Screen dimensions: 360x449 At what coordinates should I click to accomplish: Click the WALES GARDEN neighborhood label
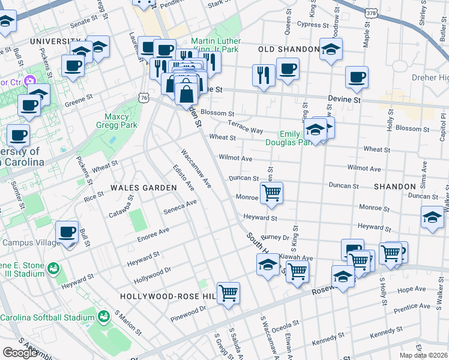pos(143,188)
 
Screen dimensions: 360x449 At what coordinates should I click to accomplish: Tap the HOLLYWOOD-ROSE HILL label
pos(167,296)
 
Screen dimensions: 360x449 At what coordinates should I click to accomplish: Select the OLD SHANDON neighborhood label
pos(289,49)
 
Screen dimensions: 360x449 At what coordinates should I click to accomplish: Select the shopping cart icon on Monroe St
pos(271,193)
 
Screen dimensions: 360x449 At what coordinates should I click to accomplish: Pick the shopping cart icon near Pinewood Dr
pos(228,293)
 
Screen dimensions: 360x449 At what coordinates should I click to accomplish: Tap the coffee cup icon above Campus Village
pos(67,232)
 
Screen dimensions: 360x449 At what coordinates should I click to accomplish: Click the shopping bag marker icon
pos(187,93)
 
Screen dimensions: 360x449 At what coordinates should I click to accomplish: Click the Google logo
pos(20,352)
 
